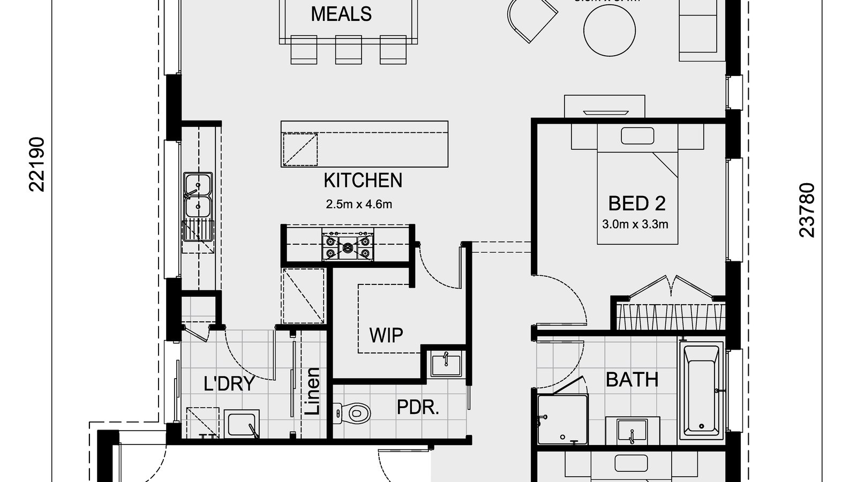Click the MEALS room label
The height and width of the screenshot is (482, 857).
click(341, 14)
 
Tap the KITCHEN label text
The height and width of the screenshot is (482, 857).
click(363, 180)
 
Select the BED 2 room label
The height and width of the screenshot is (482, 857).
click(637, 204)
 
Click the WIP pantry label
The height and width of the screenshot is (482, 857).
click(386, 335)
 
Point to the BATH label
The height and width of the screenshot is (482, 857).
click(632, 380)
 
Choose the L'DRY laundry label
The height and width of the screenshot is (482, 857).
click(229, 383)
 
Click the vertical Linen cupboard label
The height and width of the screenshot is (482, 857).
click(312, 391)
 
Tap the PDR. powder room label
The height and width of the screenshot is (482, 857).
click(418, 408)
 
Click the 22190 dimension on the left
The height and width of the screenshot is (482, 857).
click(37, 164)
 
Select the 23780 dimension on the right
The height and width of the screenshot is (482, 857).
click(807, 210)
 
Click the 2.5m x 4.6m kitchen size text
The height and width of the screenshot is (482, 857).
click(359, 204)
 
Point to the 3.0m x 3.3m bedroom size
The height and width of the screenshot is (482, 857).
click(635, 224)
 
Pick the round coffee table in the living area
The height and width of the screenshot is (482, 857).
click(610, 31)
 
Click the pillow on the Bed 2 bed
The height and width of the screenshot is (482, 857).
click(637, 135)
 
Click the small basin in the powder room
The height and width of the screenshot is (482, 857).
click(446, 364)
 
